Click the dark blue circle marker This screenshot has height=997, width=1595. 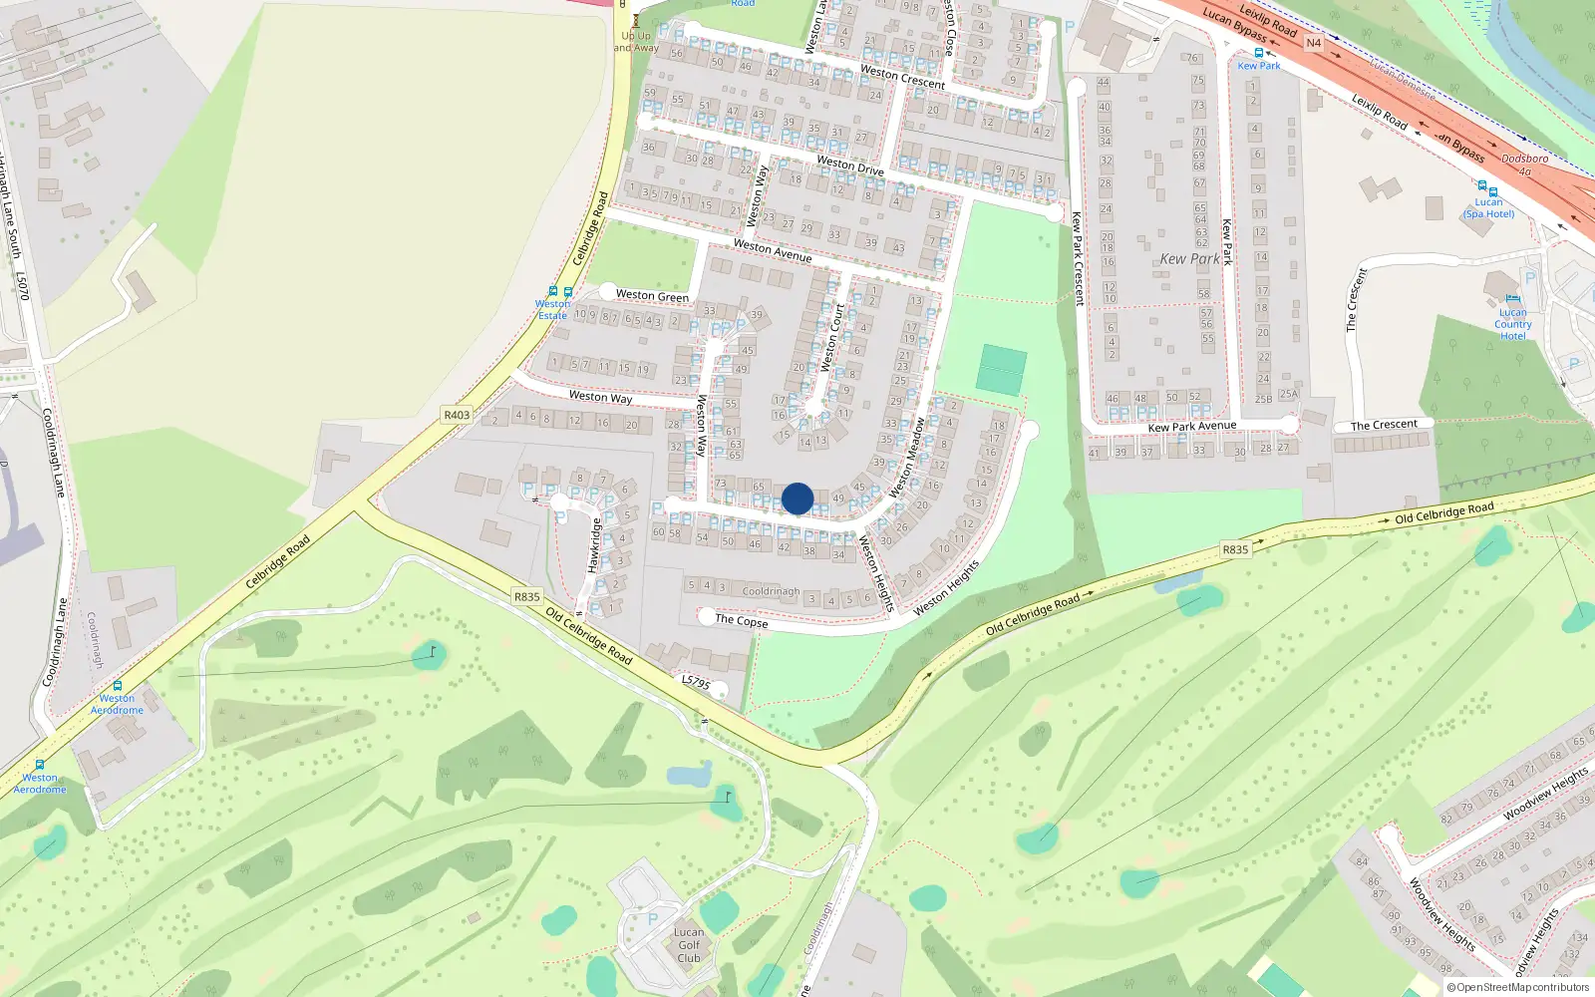(x=797, y=498)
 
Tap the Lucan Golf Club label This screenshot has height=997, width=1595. (x=689, y=945)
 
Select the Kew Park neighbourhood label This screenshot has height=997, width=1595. (x=1189, y=259)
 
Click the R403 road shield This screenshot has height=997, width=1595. (x=457, y=415)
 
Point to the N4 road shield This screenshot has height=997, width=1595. (x=1313, y=43)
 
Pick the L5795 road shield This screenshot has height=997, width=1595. (x=696, y=683)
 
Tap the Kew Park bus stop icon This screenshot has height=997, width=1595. (x=1259, y=53)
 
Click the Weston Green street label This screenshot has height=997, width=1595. (x=652, y=295)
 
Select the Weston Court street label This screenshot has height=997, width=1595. (x=832, y=337)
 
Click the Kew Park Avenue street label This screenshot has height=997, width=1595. (x=1191, y=427)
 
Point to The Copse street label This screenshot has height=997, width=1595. (x=741, y=620)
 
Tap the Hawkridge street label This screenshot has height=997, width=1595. (x=593, y=545)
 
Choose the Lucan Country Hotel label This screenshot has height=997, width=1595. (x=1512, y=323)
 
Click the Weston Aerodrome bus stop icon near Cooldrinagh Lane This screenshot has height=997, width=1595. (x=118, y=686)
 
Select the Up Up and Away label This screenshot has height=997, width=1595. (x=635, y=41)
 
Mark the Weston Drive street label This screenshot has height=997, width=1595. (x=850, y=165)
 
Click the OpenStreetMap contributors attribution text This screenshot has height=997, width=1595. (x=1518, y=987)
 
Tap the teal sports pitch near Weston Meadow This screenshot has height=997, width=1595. (x=1002, y=369)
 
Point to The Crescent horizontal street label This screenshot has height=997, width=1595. (x=1384, y=425)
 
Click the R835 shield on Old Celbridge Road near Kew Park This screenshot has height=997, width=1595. (x=1235, y=549)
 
